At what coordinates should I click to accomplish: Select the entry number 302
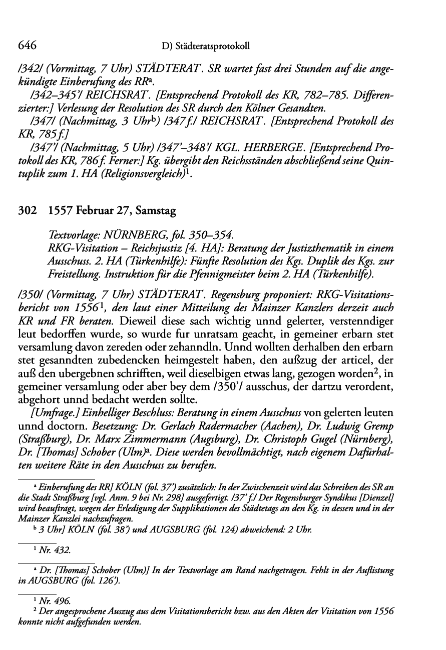click(x=26, y=211)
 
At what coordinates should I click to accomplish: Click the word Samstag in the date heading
click(x=159, y=211)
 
